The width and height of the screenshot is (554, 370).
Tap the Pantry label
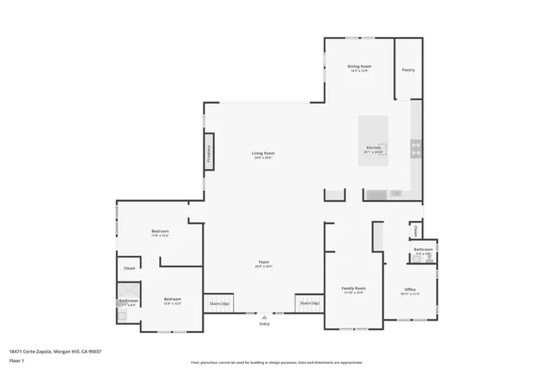click(409, 69)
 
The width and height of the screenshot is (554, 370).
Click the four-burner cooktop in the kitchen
click(415, 149)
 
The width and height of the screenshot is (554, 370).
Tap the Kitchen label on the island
click(373, 148)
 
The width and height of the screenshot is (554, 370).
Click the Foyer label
click(263, 264)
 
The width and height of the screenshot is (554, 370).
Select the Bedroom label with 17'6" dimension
click(160, 233)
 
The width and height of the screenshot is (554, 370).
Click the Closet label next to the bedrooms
click(129, 269)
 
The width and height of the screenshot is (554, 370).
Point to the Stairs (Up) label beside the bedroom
click(219, 304)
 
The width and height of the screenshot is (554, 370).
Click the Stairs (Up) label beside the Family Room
click(309, 303)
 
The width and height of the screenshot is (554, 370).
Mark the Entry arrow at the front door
click(263, 318)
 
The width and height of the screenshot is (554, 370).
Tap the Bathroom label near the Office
click(422, 250)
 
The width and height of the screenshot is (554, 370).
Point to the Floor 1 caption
click(16, 359)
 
